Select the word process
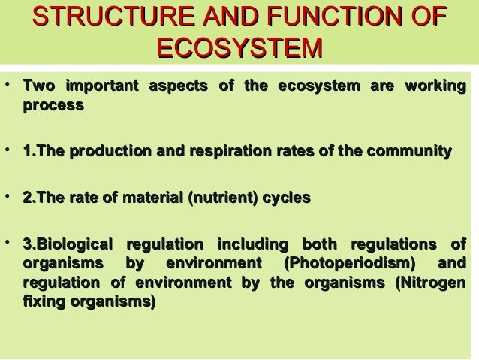[x=53, y=106]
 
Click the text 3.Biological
[x=67, y=244]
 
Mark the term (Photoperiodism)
[x=349, y=264]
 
